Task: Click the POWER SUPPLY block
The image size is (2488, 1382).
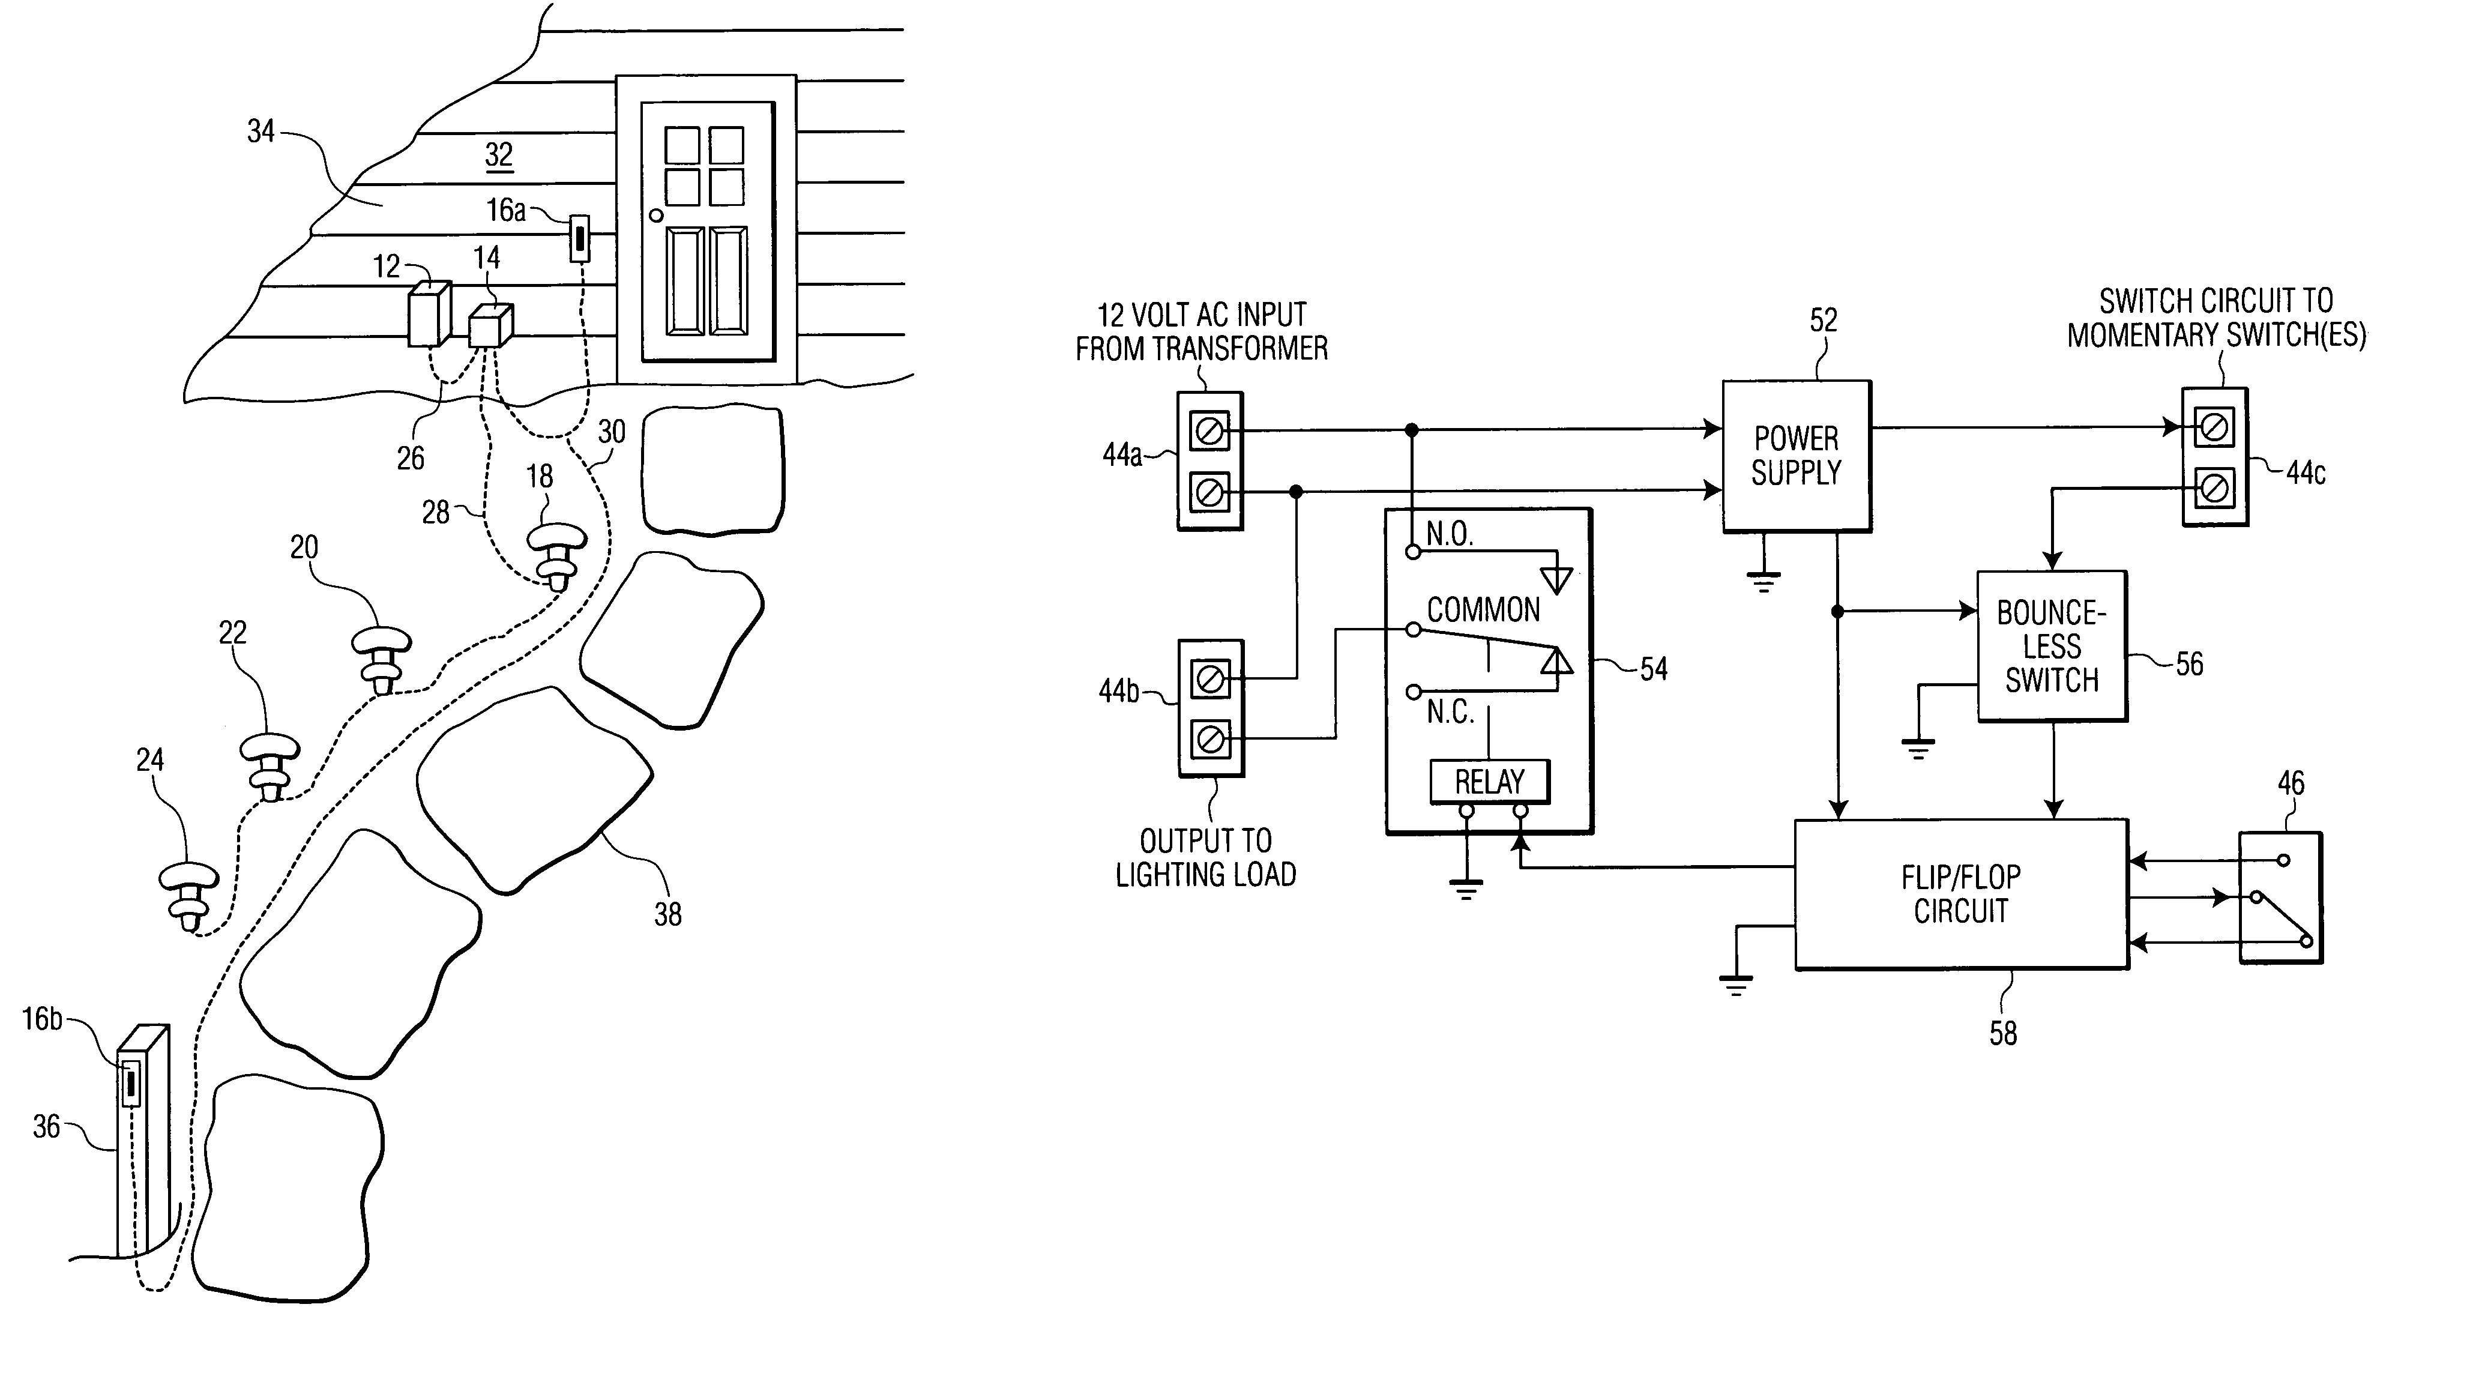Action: [x=1795, y=456]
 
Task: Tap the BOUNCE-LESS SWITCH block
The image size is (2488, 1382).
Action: [x=2052, y=646]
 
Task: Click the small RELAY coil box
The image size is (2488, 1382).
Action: [x=1489, y=781]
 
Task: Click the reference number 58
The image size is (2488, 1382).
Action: [x=2002, y=1033]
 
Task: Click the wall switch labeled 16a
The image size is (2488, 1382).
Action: [x=579, y=238]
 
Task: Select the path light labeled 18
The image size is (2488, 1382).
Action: [x=556, y=555]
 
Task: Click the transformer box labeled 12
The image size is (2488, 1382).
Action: [x=428, y=313]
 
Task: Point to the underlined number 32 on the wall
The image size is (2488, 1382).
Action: [x=498, y=154]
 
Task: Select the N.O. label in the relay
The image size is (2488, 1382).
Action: [x=1449, y=534]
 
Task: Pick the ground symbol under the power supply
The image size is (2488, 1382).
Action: [x=1764, y=581]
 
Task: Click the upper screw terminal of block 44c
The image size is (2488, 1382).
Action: [x=2214, y=427]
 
